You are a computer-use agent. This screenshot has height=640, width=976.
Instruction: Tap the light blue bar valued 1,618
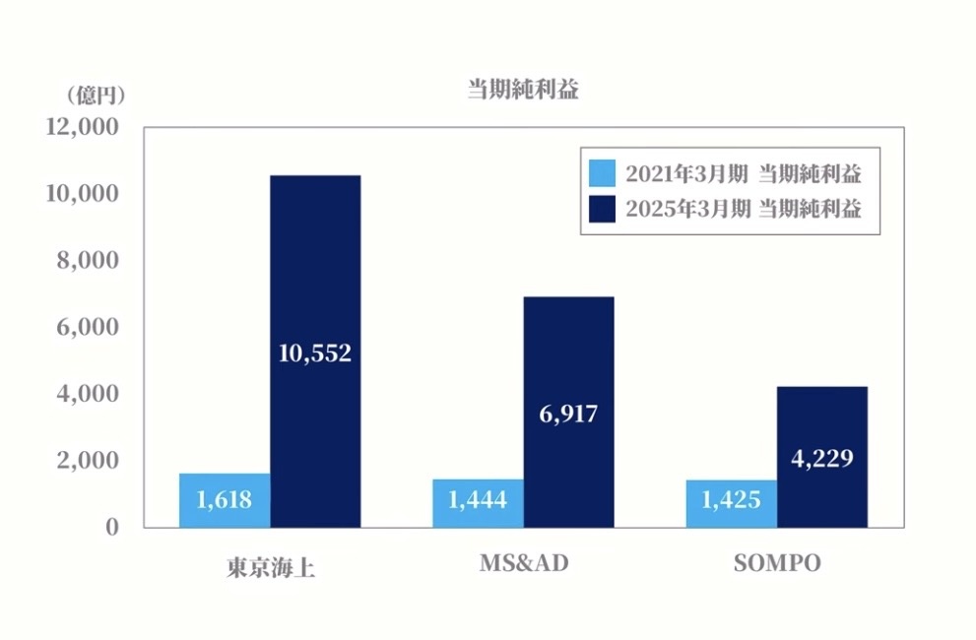pyautogui.click(x=225, y=500)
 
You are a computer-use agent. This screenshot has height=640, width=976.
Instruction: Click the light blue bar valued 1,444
pyautogui.click(x=478, y=503)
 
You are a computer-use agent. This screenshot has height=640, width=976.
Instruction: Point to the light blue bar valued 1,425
pyautogui.click(x=731, y=503)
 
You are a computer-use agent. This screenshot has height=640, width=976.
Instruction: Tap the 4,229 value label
pyautogui.click(x=821, y=458)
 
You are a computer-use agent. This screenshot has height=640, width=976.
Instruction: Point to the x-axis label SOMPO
pyautogui.click(x=777, y=564)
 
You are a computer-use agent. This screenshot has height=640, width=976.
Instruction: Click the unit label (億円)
pyautogui.click(x=95, y=96)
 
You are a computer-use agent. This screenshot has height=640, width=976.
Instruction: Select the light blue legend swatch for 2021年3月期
pyautogui.click(x=601, y=174)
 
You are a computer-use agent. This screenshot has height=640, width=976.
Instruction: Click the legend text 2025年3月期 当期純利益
pyautogui.click(x=744, y=209)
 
